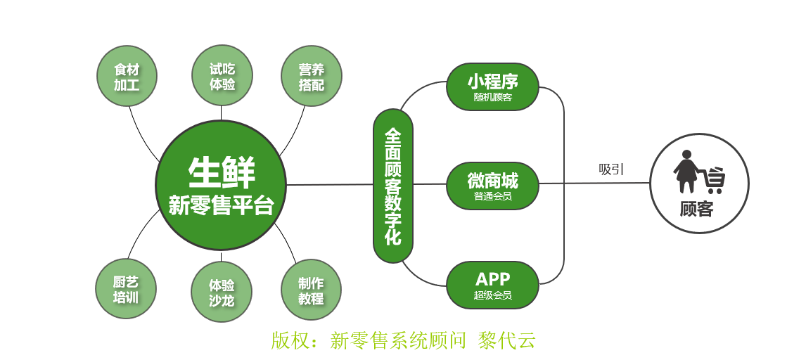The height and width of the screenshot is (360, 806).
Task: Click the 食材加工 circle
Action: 126,76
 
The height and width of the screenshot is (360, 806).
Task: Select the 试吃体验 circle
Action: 222,76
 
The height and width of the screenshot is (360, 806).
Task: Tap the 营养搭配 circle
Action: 311,76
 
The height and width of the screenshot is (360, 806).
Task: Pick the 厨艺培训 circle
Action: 126,289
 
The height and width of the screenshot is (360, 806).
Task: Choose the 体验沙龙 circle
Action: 222,292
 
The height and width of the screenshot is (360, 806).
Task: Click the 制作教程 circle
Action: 311,290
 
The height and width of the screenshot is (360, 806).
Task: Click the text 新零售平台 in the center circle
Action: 221,206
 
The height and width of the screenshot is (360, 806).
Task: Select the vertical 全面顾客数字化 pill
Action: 393,186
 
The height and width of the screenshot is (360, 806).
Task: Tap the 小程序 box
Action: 492,80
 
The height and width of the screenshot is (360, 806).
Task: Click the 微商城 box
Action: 492,180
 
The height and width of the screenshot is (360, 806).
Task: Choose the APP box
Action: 492,278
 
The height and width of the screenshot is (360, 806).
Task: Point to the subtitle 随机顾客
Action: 492,97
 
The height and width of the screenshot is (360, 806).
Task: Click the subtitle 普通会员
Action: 492,196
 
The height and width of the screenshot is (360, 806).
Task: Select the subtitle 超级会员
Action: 492,295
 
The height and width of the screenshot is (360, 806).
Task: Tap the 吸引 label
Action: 611,169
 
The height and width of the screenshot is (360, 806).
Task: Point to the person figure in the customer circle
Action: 686,172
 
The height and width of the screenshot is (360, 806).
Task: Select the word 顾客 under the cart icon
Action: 696,209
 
